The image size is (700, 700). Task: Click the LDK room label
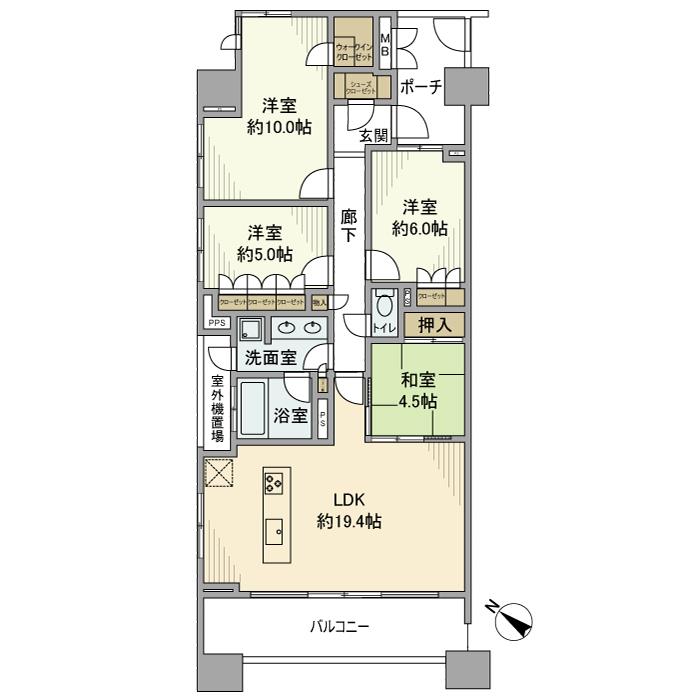[x=335, y=502]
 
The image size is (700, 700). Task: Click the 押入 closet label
[x=434, y=325]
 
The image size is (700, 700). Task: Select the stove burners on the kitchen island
[x=275, y=485]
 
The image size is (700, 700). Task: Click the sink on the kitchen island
[x=275, y=530]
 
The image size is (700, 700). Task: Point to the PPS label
[x=216, y=323]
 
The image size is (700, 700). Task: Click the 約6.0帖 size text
[x=419, y=228]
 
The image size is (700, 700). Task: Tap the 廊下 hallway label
[x=348, y=226]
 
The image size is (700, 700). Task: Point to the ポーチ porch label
[x=420, y=88]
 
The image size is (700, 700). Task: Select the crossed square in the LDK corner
[x=218, y=473]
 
